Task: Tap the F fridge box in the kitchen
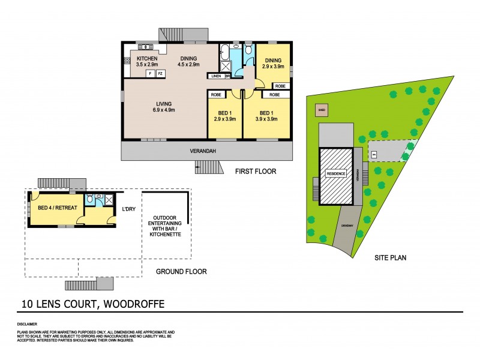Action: point(150,73)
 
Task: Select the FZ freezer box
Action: point(160,73)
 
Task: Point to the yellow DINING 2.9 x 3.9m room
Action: point(274,63)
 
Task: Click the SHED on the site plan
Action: point(321,110)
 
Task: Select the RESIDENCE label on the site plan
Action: point(335,173)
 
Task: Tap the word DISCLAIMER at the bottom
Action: point(28,323)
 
